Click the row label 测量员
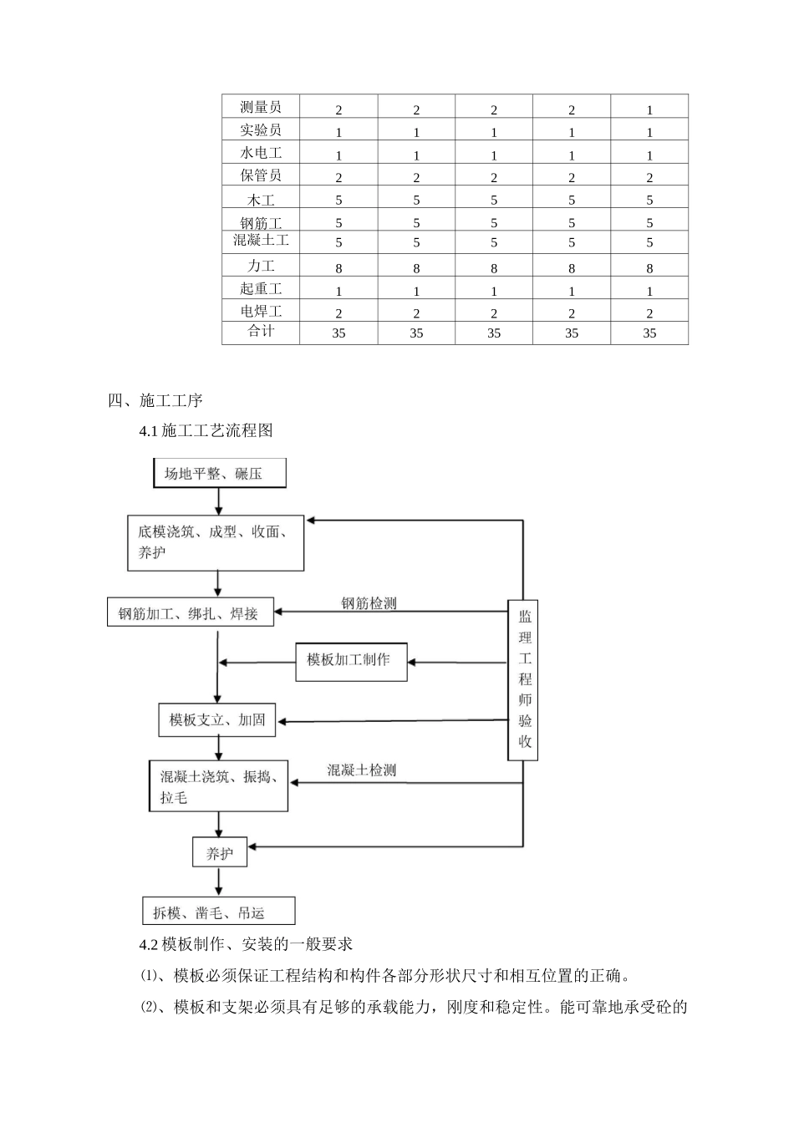(261, 107)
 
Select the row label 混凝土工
(261, 241)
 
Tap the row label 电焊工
(261, 311)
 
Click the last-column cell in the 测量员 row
(649, 109)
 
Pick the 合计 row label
(261, 332)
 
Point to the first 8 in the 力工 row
(338, 268)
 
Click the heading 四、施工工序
(155, 400)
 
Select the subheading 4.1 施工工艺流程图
(206, 430)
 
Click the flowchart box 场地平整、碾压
(219, 473)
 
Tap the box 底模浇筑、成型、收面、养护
(216, 542)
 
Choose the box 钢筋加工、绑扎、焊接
(191, 613)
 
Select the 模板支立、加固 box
(217, 719)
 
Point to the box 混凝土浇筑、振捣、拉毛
(218, 786)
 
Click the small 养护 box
(220, 853)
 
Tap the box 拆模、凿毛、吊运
(219, 912)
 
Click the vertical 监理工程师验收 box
(523, 679)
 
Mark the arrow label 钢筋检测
(369, 602)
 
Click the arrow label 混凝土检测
(362, 770)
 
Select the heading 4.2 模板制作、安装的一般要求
(247, 944)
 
